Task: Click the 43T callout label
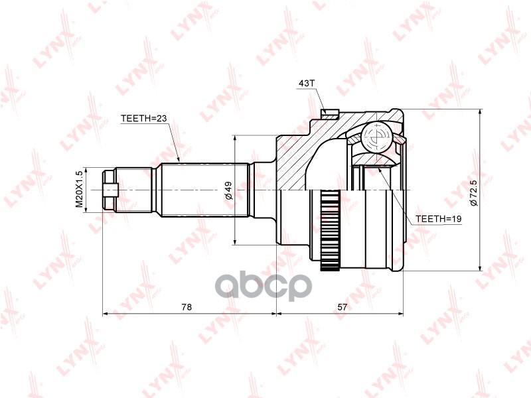[x=306, y=84]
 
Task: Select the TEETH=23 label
[x=143, y=119]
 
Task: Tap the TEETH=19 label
[x=439, y=218]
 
